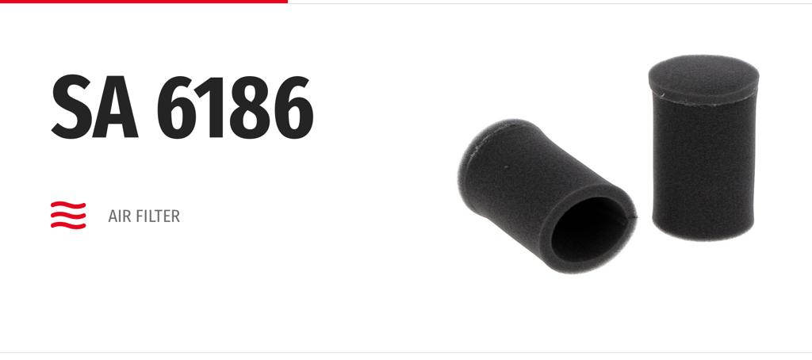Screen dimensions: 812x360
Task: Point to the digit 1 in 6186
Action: pos(213,107)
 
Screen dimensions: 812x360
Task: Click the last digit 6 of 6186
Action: pos(293,107)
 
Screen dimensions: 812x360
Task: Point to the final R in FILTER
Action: pos(175,216)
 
